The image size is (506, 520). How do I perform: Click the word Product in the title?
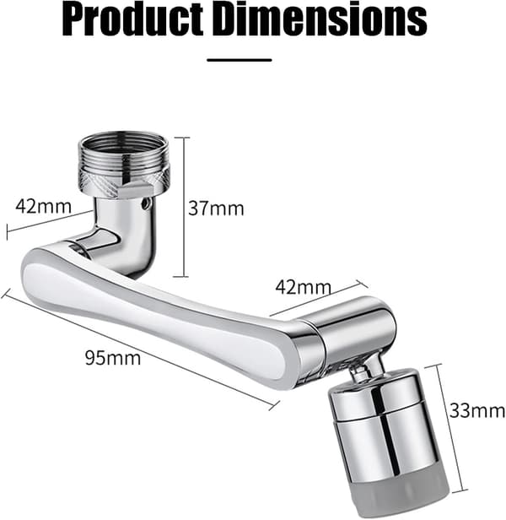[x=133, y=19]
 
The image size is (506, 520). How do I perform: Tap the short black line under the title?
[x=240, y=60]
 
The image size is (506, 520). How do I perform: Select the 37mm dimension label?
[x=216, y=209]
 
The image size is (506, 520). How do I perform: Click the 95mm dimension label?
[x=113, y=358]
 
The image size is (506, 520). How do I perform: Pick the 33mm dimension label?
[x=477, y=411]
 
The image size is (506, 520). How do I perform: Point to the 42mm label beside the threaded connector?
[x=43, y=206]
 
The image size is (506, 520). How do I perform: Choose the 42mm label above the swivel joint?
[x=304, y=287]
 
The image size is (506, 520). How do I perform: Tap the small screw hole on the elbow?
[x=145, y=204]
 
